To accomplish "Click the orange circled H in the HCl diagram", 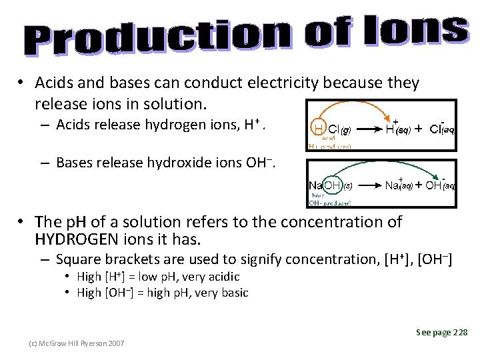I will (319, 129).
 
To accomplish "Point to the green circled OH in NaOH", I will (333, 185).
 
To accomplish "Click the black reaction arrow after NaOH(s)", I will (369, 185).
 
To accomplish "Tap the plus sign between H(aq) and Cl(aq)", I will (419, 129).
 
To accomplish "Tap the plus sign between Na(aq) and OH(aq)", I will (419, 186).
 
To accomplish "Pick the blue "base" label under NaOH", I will (318, 195).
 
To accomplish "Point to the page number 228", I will (459, 333).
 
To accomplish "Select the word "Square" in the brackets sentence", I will (79, 259).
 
